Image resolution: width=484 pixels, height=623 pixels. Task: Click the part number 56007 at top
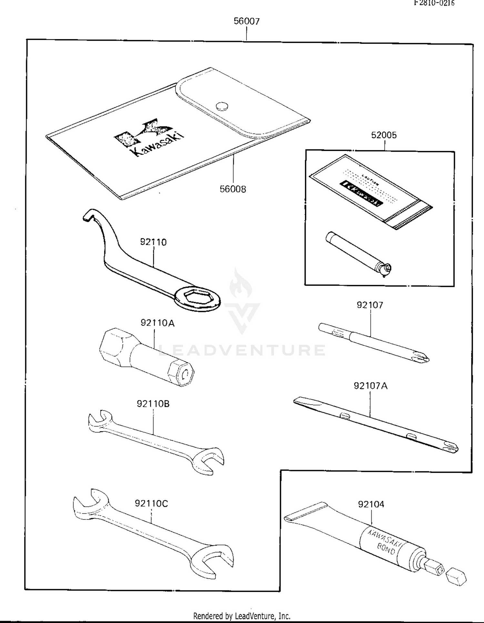coord(247,21)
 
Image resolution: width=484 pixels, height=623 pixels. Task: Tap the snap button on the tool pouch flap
coord(222,106)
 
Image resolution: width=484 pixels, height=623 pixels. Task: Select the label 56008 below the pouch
coord(233,189)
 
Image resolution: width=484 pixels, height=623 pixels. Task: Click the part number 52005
coord(384,135)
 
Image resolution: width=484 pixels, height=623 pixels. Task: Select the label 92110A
coord(157,323)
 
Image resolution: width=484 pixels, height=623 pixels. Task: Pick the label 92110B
coord(153,404)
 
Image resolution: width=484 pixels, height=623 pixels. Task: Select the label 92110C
coord(151,503)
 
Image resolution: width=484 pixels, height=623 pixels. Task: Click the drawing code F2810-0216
coord(434,3)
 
